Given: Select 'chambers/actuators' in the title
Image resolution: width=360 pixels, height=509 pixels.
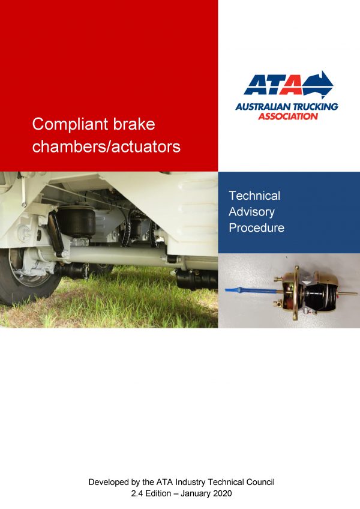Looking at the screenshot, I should [x=106, y=146].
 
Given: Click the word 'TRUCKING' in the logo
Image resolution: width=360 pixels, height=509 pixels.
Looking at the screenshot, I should [x=313, y=107].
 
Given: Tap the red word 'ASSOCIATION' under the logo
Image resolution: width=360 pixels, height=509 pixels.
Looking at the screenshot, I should [x=288, y=116].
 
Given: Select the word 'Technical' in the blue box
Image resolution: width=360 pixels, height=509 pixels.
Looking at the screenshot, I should [x=254, y=196].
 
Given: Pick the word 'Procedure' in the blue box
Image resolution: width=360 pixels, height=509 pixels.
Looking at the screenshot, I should [x=256, y=228].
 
